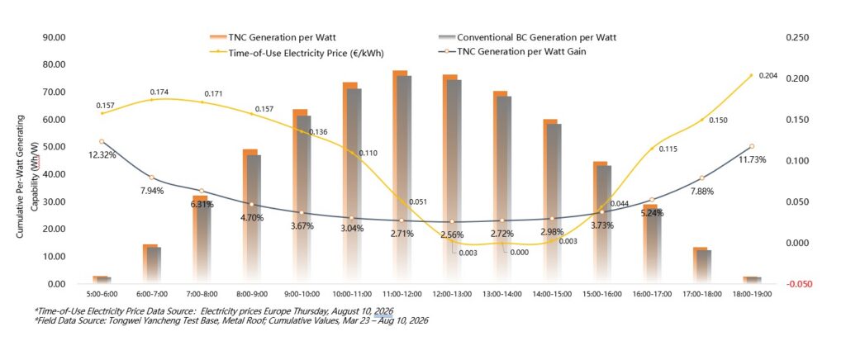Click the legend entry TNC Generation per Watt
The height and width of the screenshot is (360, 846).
pyautogui.click(x=274, y=38)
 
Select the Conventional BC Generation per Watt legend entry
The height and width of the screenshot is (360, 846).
pyautogui.click(x=528, y=38)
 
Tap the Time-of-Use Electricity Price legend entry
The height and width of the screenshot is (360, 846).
pyautogui.click(x=297, y=53)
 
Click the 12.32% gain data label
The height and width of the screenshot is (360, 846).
pyautogui.click(x=101, y=155)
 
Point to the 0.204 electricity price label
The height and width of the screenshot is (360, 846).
pyautogui.click(x=768, y=76)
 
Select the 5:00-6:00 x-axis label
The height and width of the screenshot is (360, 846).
pyautogui.click(x=102, y=294)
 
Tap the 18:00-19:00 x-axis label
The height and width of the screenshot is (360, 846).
pyautogui.click(x=751, y=294)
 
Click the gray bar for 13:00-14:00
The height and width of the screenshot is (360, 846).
pyautogui.click(x=503, y=190)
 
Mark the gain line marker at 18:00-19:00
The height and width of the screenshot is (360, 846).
pyautogui.click(x=751, y=146)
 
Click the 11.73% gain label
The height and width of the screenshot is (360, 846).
pyautogui.click(x=752, y=159)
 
